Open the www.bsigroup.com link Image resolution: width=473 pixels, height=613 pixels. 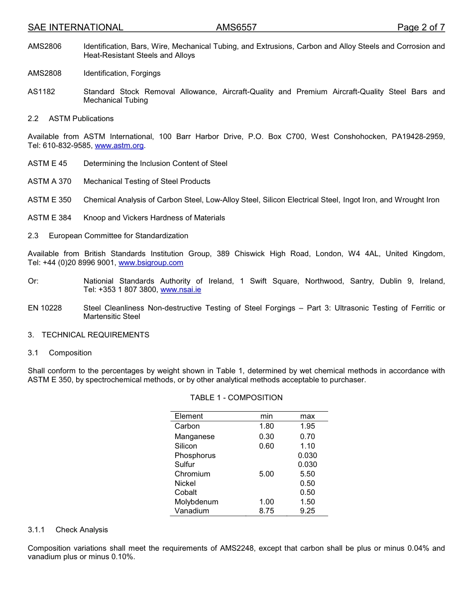pos(151,263)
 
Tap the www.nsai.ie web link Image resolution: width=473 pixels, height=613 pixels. pos(181,290)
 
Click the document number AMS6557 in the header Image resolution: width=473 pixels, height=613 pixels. pos(236,27)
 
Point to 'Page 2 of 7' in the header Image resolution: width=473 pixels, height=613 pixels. pos(421,27)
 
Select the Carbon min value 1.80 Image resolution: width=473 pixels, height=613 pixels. pos(266,426)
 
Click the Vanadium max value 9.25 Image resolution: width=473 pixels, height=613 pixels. pos(307,511)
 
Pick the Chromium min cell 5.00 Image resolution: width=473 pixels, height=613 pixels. pos(266,474)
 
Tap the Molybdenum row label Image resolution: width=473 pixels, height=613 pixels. pos(196,502)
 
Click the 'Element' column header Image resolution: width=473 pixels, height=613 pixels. pos(189,416)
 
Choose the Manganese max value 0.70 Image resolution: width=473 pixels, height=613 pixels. pos(307,437)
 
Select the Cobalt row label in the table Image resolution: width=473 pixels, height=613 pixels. pos(186,492)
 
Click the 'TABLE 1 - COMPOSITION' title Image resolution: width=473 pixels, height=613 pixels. pos(236,398)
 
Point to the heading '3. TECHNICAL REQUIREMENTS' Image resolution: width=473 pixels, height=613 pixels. pos(89,335)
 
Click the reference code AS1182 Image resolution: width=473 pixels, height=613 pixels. pos(41,92)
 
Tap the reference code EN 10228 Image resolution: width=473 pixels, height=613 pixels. pos(45,308)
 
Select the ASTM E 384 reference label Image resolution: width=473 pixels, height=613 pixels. pos(49,218)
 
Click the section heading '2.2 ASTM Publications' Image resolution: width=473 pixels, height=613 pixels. pos(71,119)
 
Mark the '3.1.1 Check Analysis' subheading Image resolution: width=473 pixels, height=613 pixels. pos(68,530)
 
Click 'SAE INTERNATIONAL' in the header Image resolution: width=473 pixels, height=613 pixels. pos(75,27)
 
